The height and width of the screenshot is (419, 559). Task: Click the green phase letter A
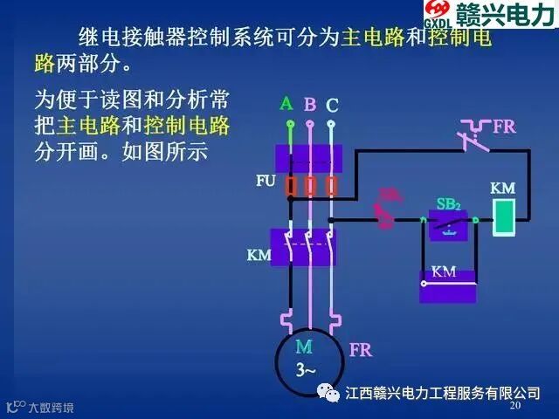286,104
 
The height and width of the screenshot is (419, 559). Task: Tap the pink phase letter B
310,106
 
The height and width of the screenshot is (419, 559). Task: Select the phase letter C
332,106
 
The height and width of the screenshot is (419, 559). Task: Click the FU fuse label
266,182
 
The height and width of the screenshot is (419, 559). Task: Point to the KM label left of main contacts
259,256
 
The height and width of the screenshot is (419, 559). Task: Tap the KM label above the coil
502,189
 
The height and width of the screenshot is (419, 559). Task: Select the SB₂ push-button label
448,204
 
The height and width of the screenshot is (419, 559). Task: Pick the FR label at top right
504,127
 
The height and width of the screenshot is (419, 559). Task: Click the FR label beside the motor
360,351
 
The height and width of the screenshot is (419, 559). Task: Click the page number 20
514,407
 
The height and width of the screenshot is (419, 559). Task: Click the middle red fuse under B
310,186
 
